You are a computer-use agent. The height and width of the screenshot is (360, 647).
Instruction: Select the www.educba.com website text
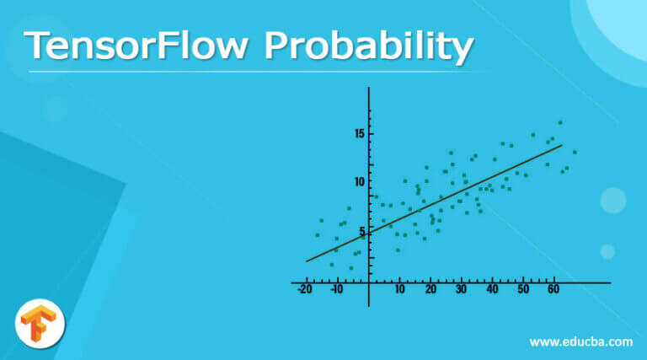click(580, 341)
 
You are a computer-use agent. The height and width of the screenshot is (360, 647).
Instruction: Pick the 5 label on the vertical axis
click(362, 230)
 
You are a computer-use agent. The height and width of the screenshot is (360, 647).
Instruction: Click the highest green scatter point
click(559, 122)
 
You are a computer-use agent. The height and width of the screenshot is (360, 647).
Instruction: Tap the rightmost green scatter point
click(575, 153)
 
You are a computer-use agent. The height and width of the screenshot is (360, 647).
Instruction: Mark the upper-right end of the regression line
click(562, 145)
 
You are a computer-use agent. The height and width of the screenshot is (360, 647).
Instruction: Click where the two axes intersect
click(369, 282)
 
